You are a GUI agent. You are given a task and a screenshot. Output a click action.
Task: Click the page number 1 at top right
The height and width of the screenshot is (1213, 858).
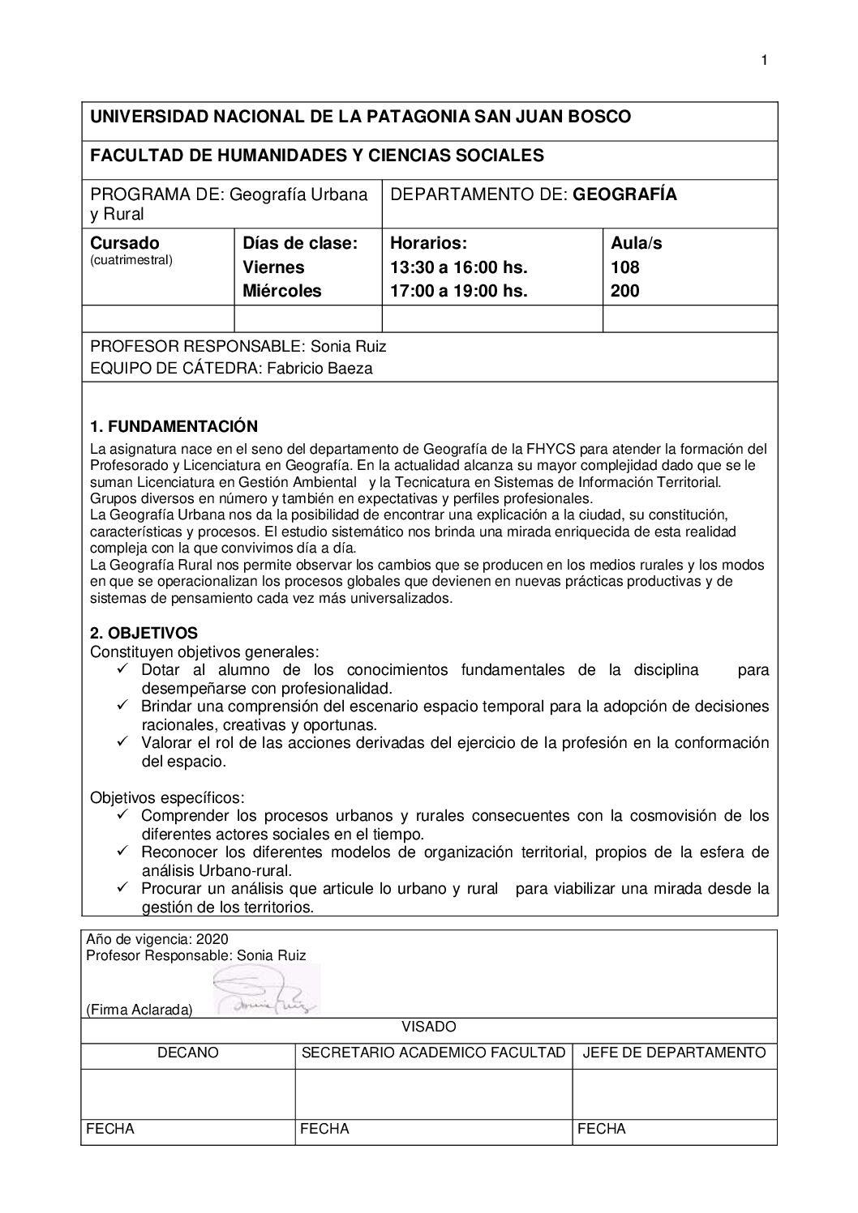tap(764, 60)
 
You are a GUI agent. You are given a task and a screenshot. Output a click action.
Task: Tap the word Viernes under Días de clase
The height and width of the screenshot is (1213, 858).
tap(274, 267)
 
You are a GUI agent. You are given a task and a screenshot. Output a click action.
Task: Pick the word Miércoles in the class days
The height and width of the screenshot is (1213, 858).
tap(282, 291)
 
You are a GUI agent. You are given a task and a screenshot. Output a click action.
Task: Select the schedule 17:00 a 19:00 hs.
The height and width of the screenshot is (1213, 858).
tap(459, 291)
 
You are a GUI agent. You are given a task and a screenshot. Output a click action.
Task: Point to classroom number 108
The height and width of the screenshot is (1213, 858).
tap(624, 267)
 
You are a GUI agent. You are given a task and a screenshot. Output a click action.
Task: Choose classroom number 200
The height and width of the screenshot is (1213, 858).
tap(624, 291)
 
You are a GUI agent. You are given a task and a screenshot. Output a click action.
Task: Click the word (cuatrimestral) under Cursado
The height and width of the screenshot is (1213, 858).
tap(131, 260)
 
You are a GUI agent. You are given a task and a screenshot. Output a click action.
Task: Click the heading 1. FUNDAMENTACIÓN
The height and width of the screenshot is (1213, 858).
tap(174, 427)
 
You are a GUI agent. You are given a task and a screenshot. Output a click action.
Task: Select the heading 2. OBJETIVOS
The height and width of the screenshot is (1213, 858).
tap(144, 633)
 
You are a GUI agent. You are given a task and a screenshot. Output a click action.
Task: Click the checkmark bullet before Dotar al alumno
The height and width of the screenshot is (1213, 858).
tap(123, 669)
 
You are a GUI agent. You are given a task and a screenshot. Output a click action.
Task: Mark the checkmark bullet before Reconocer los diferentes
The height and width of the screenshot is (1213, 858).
tap(123, 852)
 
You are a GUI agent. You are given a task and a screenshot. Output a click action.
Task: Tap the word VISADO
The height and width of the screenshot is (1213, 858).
tap(429, 1027)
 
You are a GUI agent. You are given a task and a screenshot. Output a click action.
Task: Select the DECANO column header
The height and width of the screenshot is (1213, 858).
tap(188, 1053)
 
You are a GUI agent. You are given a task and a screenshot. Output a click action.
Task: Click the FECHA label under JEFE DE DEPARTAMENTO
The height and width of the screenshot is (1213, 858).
tap(602, 1129)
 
